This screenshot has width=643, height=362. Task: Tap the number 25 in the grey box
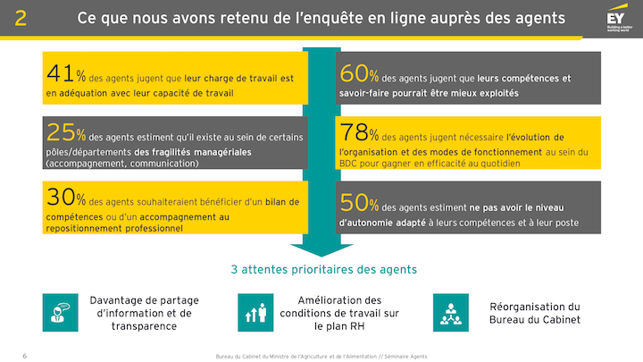click(x=60, y=134)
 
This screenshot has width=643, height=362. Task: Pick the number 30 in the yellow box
click(x=60, y=198)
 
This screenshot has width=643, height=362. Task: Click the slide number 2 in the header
click(x=21, y=18)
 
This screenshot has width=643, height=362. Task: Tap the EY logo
click(x=615, y=19)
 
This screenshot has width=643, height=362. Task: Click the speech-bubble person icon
click(x=61, y=312)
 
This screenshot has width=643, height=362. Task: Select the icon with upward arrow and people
click(x=256, y=312)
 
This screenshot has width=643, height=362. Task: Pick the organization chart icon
click(x=451, y=312)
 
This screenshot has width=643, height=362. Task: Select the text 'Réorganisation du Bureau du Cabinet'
click(x=535, y=313)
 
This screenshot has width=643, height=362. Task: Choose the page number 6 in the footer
click(x=24, y=356)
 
